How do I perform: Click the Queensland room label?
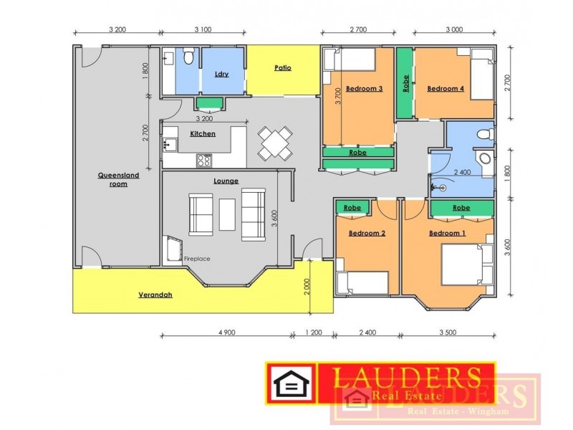click(118, 179)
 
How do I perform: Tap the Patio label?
click(282, 68)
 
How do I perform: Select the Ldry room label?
click(221, 74)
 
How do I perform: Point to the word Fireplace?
click(197, 258)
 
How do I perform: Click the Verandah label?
click(155, 294)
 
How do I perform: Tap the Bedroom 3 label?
click(364, 89)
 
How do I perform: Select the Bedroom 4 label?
click(446, 89)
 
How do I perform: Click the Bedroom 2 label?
click(367, 234)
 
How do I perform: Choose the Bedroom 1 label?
click(447, 234)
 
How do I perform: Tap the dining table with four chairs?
click(276, 143)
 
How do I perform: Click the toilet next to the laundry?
click(188, 57)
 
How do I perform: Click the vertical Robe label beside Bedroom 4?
click(405, 85)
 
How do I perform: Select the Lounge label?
click(226, 181)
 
